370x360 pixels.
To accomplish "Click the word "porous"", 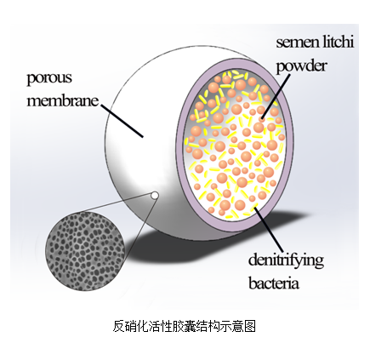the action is coord(49,78).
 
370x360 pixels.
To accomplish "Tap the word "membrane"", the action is coord(63,100).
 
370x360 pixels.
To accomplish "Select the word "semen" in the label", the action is coord(293,43).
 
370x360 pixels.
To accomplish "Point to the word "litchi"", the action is coord(334,42).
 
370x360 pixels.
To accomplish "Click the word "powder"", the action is coord(302,66).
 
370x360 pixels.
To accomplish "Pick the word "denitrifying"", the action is coord(286,260).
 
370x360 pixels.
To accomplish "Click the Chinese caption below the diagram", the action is coord(185,326).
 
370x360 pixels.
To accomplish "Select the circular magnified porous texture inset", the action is coord(85,251).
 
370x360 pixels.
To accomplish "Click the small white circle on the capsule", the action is coord(154,195).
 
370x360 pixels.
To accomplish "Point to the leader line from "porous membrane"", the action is coord(122,121).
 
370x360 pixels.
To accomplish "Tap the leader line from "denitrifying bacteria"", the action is coord(268,229).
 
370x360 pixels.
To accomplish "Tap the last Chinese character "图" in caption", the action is coord(250,326).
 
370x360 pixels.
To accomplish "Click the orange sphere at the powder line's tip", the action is coord(262,117).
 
